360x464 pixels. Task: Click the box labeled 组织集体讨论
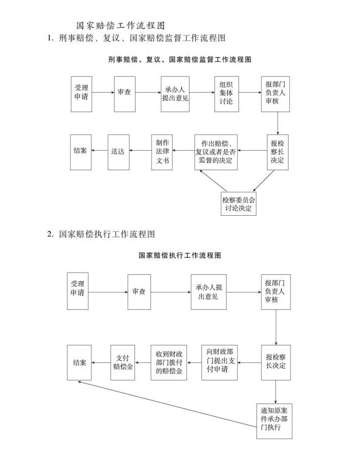coord(226,94)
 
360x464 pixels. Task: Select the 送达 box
coord(118,152)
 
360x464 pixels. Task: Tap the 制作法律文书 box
coord(162,152)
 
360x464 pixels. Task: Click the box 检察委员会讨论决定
coord(238,204)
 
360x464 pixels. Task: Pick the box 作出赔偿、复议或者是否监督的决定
coord(216,152)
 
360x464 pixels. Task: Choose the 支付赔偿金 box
coord(122,362)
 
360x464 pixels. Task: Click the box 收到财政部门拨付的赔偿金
coord(169,362)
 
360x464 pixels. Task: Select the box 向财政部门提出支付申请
coord(219,362)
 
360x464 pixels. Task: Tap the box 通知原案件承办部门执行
coord(274,421)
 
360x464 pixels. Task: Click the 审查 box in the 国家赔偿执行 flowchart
coord(139,292)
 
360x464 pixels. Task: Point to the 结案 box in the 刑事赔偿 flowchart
coord(80,152)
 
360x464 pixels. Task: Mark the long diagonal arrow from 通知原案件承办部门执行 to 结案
coord(167,404)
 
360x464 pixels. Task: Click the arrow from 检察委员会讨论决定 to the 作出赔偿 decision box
coord(213,181)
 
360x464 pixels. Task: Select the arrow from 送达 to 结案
coord(99,151)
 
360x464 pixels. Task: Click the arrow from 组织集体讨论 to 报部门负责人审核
coord(250,92)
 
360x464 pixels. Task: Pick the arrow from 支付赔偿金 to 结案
coord(101,363)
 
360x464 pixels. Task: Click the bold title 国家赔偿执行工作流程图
coord(180,255)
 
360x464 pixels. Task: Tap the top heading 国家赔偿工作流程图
coord(120,26)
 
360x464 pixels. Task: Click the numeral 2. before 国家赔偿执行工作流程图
coord(50,234)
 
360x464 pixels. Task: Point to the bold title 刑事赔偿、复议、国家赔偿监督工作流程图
coord(180,60)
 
